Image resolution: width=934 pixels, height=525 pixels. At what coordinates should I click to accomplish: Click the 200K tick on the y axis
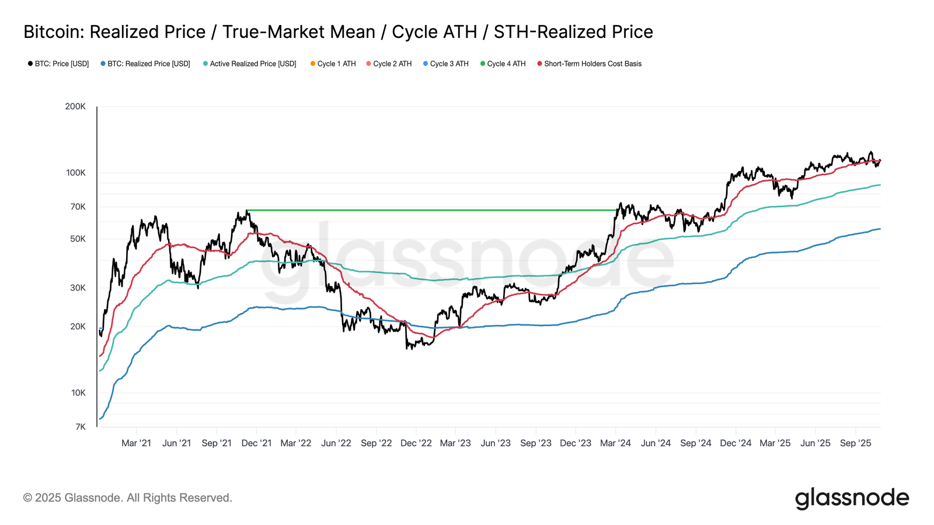coord(75,107)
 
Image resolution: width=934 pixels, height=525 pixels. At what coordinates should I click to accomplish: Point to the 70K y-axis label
coord(78,207)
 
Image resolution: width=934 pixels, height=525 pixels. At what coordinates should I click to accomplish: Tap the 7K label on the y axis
coord(80,427)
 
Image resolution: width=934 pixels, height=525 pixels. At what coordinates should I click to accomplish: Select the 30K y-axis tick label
coord(78,288)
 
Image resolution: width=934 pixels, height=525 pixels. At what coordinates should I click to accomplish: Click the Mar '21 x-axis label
coord(136,443)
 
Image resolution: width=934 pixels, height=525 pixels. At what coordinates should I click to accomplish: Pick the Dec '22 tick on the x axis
coord(416,443)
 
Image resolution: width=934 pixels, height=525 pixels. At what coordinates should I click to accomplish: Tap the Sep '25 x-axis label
coord(855,443)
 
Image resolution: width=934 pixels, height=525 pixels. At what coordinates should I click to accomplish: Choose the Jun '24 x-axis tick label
coord(656,443)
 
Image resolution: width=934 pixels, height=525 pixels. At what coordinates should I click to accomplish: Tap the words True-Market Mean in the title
coord(298,32)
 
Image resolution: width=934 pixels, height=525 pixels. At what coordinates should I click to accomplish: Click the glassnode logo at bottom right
coord(852,498)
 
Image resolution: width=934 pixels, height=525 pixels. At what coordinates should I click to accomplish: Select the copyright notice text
coord(128,498)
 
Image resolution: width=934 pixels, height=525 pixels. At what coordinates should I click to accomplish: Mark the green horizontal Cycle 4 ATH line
coord(432,210)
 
